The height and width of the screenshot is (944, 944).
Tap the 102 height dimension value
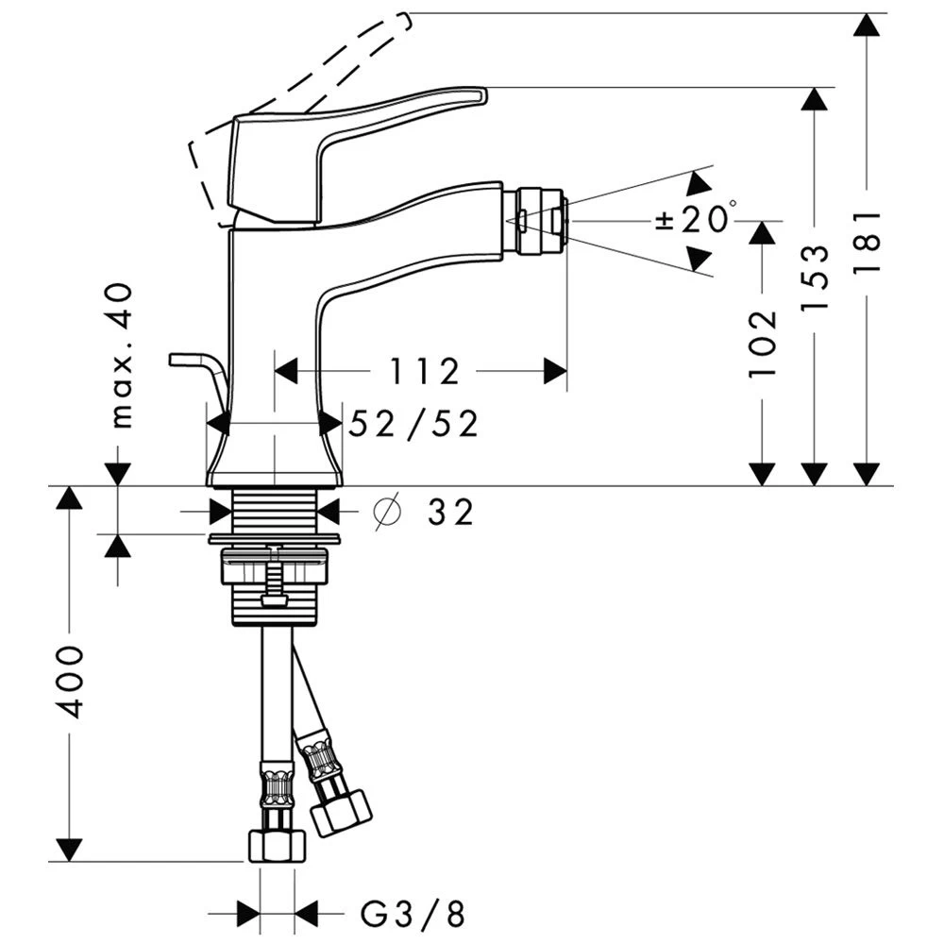coord(763,342)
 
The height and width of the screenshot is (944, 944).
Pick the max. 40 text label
coord(121,356)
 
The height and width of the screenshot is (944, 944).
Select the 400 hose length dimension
coord(67,682)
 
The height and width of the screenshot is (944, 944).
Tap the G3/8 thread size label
coord(413,913)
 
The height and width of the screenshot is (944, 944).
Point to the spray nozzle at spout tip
coord(542,221)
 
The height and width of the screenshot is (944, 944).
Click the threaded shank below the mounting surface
coord(274,511)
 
